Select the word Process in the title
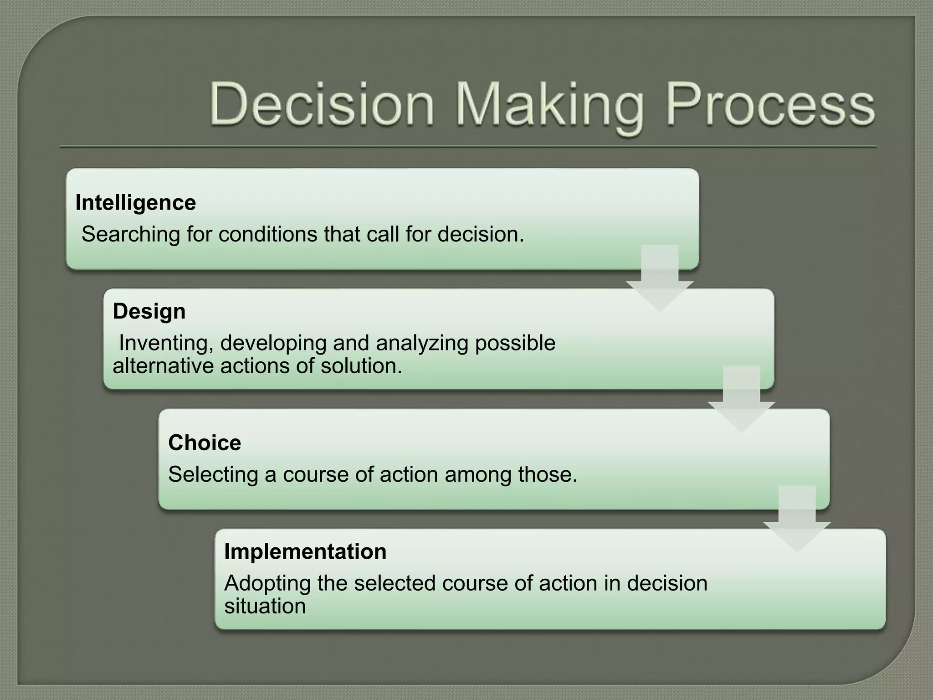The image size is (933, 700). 770,106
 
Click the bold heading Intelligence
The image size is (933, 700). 136,202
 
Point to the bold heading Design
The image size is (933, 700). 149,312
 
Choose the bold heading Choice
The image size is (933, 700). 205,443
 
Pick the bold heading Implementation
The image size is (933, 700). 305,551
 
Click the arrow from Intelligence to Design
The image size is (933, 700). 660,278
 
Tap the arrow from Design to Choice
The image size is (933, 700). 741,399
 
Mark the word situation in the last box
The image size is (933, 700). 265,607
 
